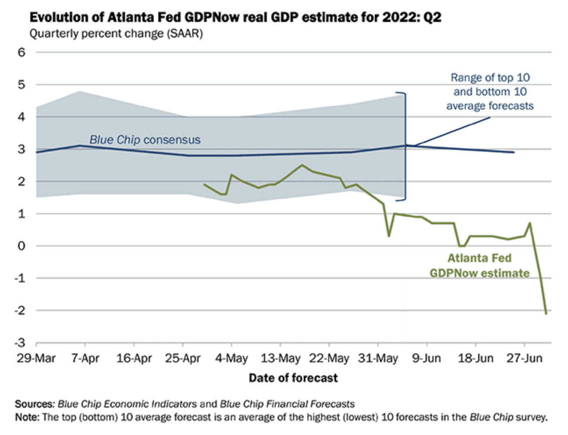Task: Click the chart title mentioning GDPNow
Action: pyautogui.click(x=235, y=18)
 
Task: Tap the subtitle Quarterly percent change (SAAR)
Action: pyautogui.click(x=116, y=34)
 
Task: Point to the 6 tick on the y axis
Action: pyautogui.click(x=21, y=52)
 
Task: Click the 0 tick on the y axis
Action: pyautogui.click(x=21, y=246)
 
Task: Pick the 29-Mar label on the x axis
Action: pyautogui.click(x=36, y=358)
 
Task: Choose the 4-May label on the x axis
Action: pyautogui.click(x=231, y=358)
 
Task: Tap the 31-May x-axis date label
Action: pyautogui.click(x=378, y=358)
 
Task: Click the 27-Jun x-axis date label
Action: pyautogui.click(x=524, y=358)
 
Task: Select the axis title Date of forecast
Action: pyautogui.click(x=293, y=378)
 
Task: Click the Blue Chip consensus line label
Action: pyautogui.click(x=145, y=140)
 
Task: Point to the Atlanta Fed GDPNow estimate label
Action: pyautogui.click(x=479, y=266)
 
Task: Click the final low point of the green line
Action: pyautogui.click(x=546, y=313)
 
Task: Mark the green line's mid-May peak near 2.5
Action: pyautogui.click(x=302, y=165)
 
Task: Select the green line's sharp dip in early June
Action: pyautogui.click(x=389, y=236)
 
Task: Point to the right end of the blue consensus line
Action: pyautogui.click(x=514, y=152)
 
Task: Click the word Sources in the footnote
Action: pyautogui.click(x=34, y=404)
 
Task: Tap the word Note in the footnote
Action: pyautogui.click(x=26, y=417)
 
